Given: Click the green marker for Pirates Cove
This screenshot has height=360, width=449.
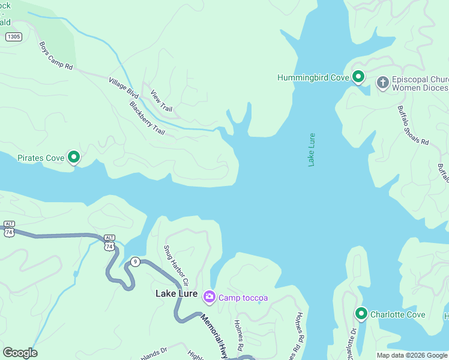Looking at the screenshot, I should (74, 157).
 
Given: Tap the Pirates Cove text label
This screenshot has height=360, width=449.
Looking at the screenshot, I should (41, 158).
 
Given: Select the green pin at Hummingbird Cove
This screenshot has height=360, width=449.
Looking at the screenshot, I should (358, 77).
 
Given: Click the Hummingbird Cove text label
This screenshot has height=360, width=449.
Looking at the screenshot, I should (313, 77).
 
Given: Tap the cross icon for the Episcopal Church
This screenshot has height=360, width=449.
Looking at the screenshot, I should (383, 83).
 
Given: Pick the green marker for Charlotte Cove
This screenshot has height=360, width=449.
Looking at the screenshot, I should (361, 314).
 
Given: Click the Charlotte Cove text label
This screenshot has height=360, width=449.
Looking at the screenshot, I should (397, 314).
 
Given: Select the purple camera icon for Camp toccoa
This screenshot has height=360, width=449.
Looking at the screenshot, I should (209, 297).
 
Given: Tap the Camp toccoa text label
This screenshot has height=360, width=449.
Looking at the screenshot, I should (243, 298).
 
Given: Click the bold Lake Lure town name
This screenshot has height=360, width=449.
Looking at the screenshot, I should (176, 293).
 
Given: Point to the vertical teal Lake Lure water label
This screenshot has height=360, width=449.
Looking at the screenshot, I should (312, 149).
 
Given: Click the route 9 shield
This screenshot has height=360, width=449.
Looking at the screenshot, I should (136, 261).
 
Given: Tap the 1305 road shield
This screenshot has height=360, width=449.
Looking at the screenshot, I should (13, 37).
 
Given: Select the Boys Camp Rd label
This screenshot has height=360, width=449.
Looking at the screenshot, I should (56, 56).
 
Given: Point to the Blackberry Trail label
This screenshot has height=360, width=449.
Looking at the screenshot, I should (146, 118).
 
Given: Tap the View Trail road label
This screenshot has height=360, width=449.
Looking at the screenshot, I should (161, 101).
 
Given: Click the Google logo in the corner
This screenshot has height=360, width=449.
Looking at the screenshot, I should (20, 352).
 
